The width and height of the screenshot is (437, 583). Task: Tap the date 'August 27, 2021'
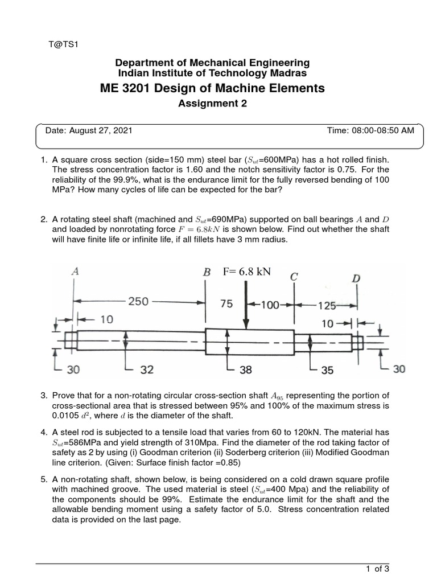(x=101, y=130)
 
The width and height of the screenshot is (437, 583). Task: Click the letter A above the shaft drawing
(x=75, y=272)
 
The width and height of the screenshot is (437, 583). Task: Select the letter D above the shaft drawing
(x=356, y=278)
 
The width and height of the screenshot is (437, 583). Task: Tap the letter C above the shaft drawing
(x=294, y=277)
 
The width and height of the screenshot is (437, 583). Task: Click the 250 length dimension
(x=138, y=302)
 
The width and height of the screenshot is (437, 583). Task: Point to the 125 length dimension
(x=327, y=305)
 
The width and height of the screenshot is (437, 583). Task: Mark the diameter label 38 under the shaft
(x=246, y=369)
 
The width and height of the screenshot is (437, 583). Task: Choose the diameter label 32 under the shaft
(x=147, y=369)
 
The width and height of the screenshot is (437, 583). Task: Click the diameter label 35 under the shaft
(x=327, y=369)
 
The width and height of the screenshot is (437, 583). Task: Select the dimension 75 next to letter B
(x=226, y=304)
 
